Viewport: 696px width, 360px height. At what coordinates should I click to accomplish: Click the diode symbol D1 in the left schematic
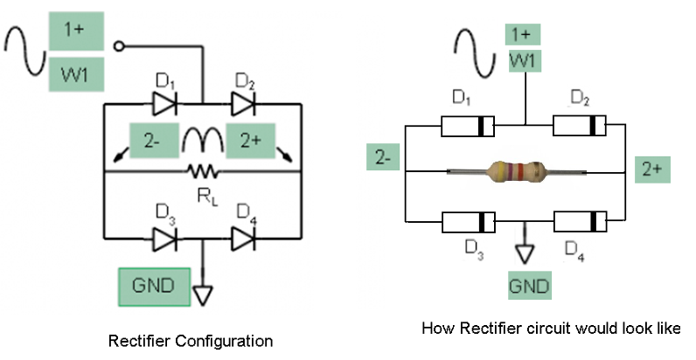coord(164,104)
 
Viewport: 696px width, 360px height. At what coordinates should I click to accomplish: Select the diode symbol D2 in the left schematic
coord(243,104)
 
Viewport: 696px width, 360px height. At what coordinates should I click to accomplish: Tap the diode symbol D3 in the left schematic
coord(164,238)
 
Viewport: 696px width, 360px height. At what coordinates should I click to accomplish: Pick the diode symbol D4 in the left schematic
coord(243,238)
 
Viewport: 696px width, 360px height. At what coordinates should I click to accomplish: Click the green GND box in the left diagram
coord(155,286)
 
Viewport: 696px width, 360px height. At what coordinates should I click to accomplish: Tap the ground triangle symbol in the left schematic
coord(203,294)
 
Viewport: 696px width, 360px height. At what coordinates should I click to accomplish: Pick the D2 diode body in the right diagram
coord(580,127)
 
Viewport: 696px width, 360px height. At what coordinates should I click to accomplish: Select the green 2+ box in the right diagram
coord(652,170)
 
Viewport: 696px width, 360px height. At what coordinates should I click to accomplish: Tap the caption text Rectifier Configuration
coord(190,340)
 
